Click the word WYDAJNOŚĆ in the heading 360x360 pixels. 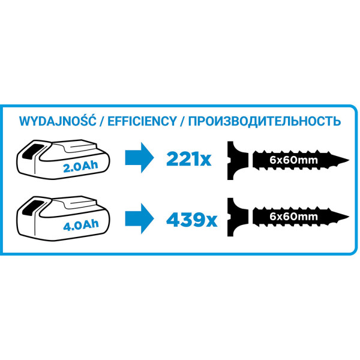point(58,121)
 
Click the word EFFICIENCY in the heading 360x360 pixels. point(142,121)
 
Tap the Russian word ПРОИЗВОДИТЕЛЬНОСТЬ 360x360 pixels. point(265,121)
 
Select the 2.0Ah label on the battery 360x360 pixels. point(80,166)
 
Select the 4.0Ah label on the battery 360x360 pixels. point(81,225)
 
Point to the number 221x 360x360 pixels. point(188,159)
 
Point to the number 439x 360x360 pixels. point(191,220)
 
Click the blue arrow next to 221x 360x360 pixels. point(139,157)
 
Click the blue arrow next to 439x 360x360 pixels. point(139,218)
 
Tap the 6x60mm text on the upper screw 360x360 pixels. point(293,160)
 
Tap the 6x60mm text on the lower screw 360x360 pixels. point(293,217)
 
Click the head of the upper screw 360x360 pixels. point(236,160)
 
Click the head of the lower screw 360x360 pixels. point(236,217)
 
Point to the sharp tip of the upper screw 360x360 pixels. point(349,160)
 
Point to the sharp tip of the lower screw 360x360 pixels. point(349,217)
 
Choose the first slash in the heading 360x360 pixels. point(102,121)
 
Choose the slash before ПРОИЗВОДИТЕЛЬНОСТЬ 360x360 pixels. point(182,121)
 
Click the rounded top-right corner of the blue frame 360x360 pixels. point(354,110)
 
